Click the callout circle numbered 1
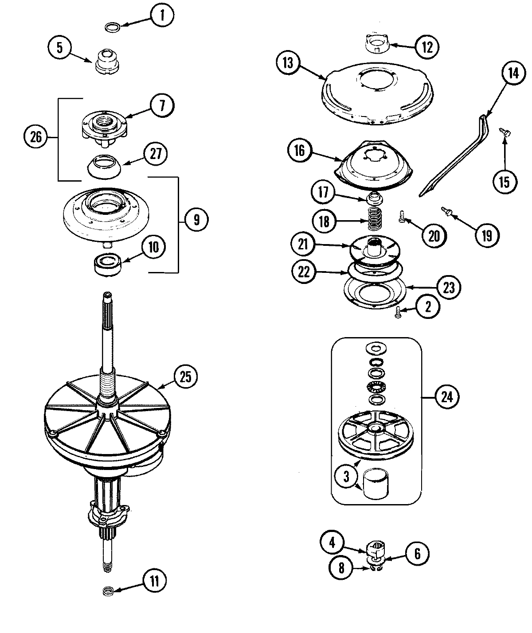point(162,17)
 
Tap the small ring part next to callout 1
point(112,28)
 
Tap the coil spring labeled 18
point(373,218)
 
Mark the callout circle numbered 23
point(449,288)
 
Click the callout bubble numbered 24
point(447,396)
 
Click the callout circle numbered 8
point(341,568)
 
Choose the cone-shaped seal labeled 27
point(104,166)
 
